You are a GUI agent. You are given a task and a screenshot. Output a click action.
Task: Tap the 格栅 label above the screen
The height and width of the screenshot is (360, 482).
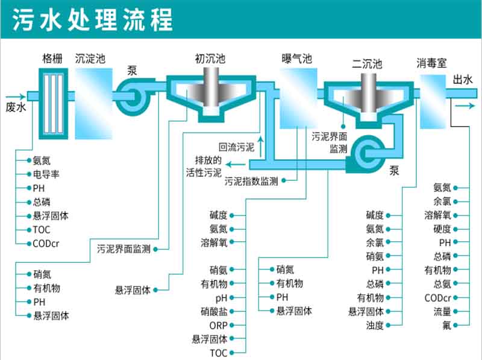pyautogui.click(x=51, y=58)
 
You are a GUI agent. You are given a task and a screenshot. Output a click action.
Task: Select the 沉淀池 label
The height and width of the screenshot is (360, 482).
pyautogui.click(x=90, y=58)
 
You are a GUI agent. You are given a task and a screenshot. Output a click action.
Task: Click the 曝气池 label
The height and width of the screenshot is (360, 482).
pyautogui.click(x=297, y=58)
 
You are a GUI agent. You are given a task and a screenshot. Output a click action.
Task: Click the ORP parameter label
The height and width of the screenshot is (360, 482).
pyautogui.click(x=218, y=325)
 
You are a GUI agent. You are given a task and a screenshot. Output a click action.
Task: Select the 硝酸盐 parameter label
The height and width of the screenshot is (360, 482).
pyautogui.click(x=214, y=311)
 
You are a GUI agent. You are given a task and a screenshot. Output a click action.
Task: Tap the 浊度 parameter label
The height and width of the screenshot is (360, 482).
pyautogui.click(x=374, y=325)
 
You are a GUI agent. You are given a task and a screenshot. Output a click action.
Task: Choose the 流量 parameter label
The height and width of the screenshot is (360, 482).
pyautogui.click(x=442, y=311)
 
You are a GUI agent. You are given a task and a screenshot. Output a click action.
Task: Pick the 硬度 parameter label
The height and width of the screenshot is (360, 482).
pyautogui.click(x=442, y=229)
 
